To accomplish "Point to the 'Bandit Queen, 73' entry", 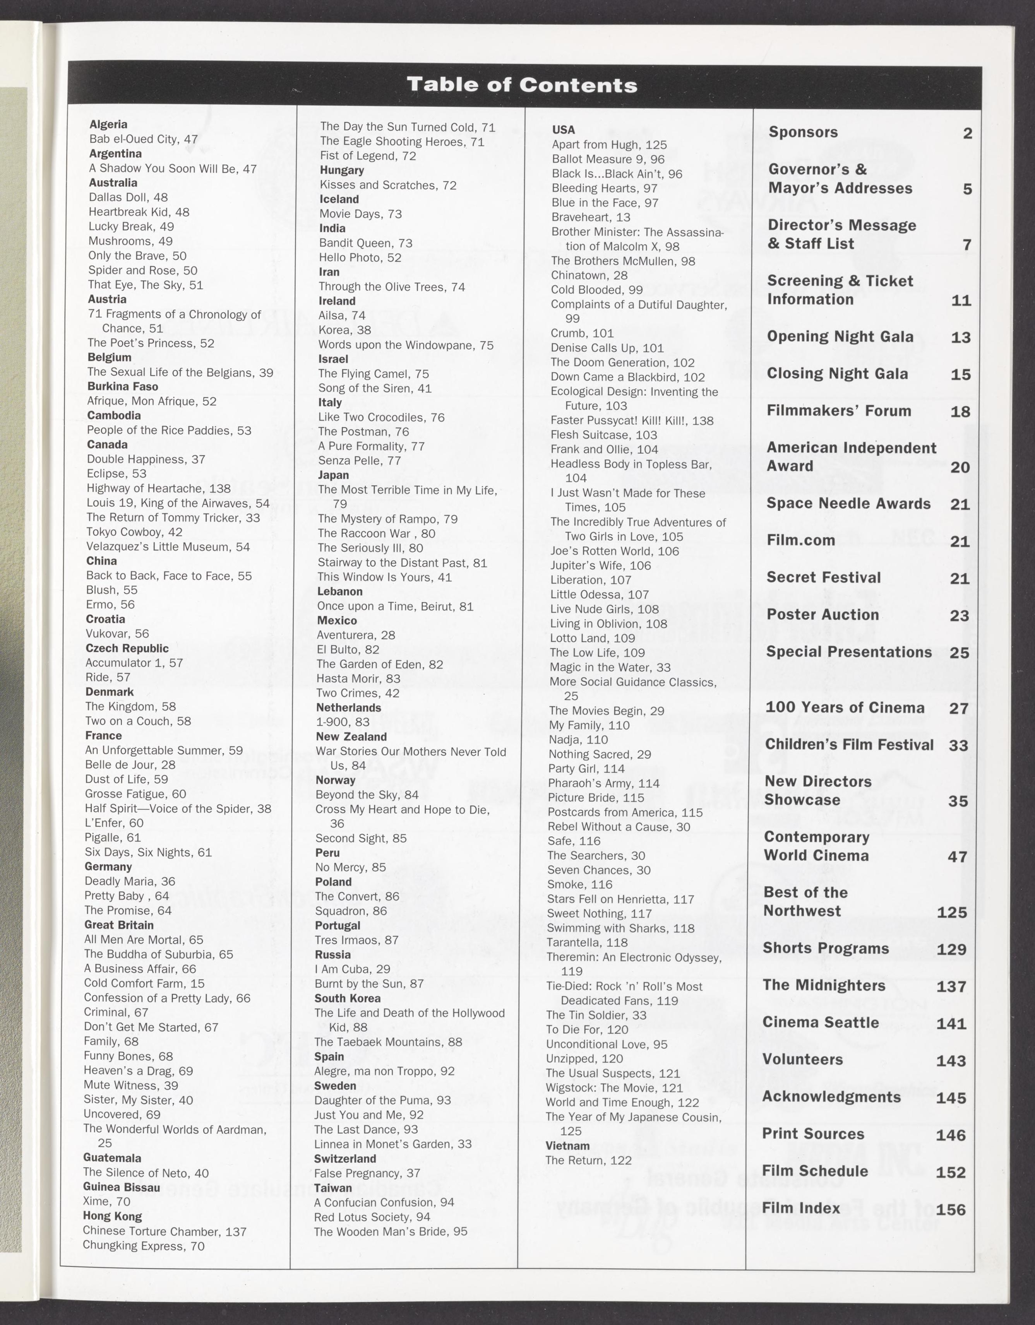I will [365, 243].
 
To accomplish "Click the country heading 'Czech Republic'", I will [127, 648].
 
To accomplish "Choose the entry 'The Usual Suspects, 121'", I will [612, 1073].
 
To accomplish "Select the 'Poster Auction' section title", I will [823, 615].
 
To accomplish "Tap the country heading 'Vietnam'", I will [567, 1146].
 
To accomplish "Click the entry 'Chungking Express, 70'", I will [143, 1246].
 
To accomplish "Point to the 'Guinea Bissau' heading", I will [122, 1187].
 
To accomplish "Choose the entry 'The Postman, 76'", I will [363, 431].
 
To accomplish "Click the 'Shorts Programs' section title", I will [826, 948].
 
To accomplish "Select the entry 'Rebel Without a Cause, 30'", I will [619, 826].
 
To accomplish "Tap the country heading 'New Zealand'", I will [351, 737].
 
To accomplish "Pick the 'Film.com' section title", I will [801, 540].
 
